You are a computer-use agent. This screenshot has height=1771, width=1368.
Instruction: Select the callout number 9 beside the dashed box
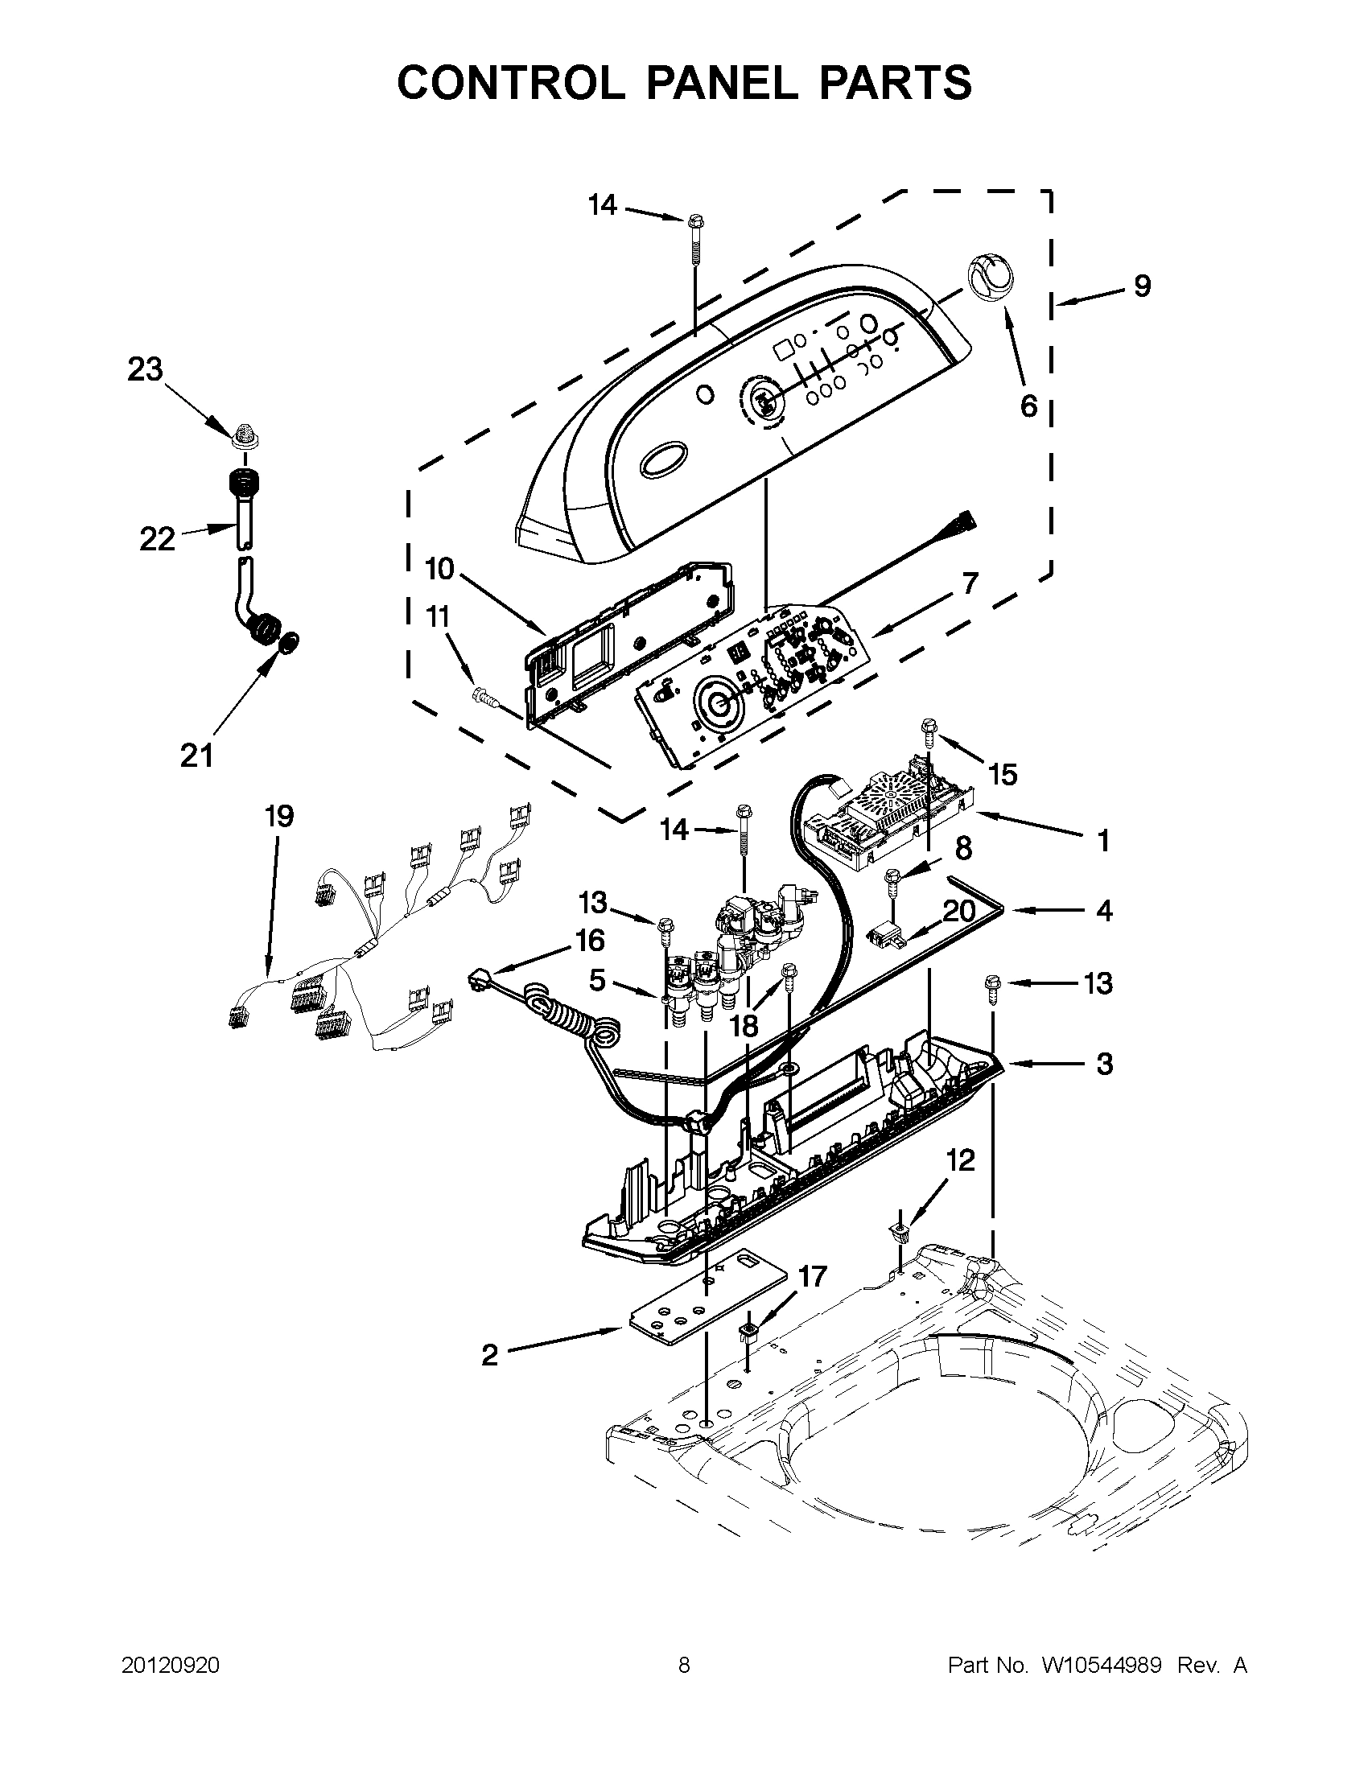[x=1142, y=286]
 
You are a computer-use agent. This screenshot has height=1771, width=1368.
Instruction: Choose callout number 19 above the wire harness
[x=279, y=816]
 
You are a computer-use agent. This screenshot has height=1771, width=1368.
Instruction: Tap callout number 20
[x=958, y=911]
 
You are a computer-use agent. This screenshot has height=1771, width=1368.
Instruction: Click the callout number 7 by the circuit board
[x=969, y=583]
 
